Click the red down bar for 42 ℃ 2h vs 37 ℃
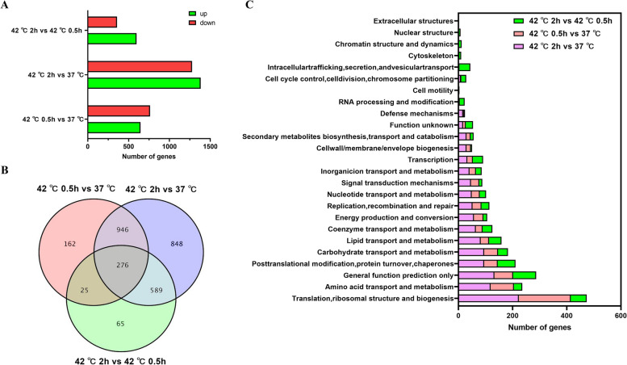tap(140, 66)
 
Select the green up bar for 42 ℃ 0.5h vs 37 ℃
tap(114, 128)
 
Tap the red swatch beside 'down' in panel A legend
tap(192, 23)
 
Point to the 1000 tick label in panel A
tap(169, 146)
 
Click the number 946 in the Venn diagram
tap(123, 229)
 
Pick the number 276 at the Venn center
tap(123, 265)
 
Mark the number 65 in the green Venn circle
tap(120, 324)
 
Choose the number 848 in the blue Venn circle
tap(177, 244)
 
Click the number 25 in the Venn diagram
tap(84, 290)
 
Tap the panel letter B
tap(4, 170)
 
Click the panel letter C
tap(249, 5)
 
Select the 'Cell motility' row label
tap(433, 90)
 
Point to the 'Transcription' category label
tap(431, 160)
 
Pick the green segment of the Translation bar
tap(579, 298)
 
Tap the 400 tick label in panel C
tap(566, 317)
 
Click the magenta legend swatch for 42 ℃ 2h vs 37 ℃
tap(519, 47)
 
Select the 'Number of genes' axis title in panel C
tap(539, 327)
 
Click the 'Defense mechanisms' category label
tap(417, 114)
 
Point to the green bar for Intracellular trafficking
tap(464, 67)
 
